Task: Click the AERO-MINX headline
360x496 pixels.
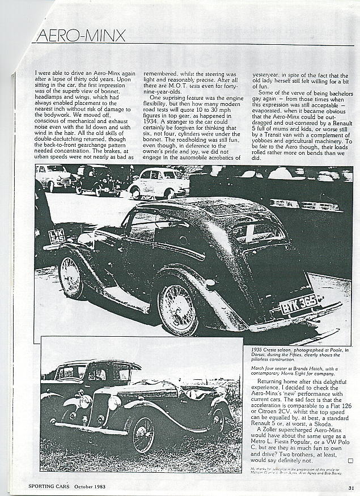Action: pyautogui.click(x=81, y=36)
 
